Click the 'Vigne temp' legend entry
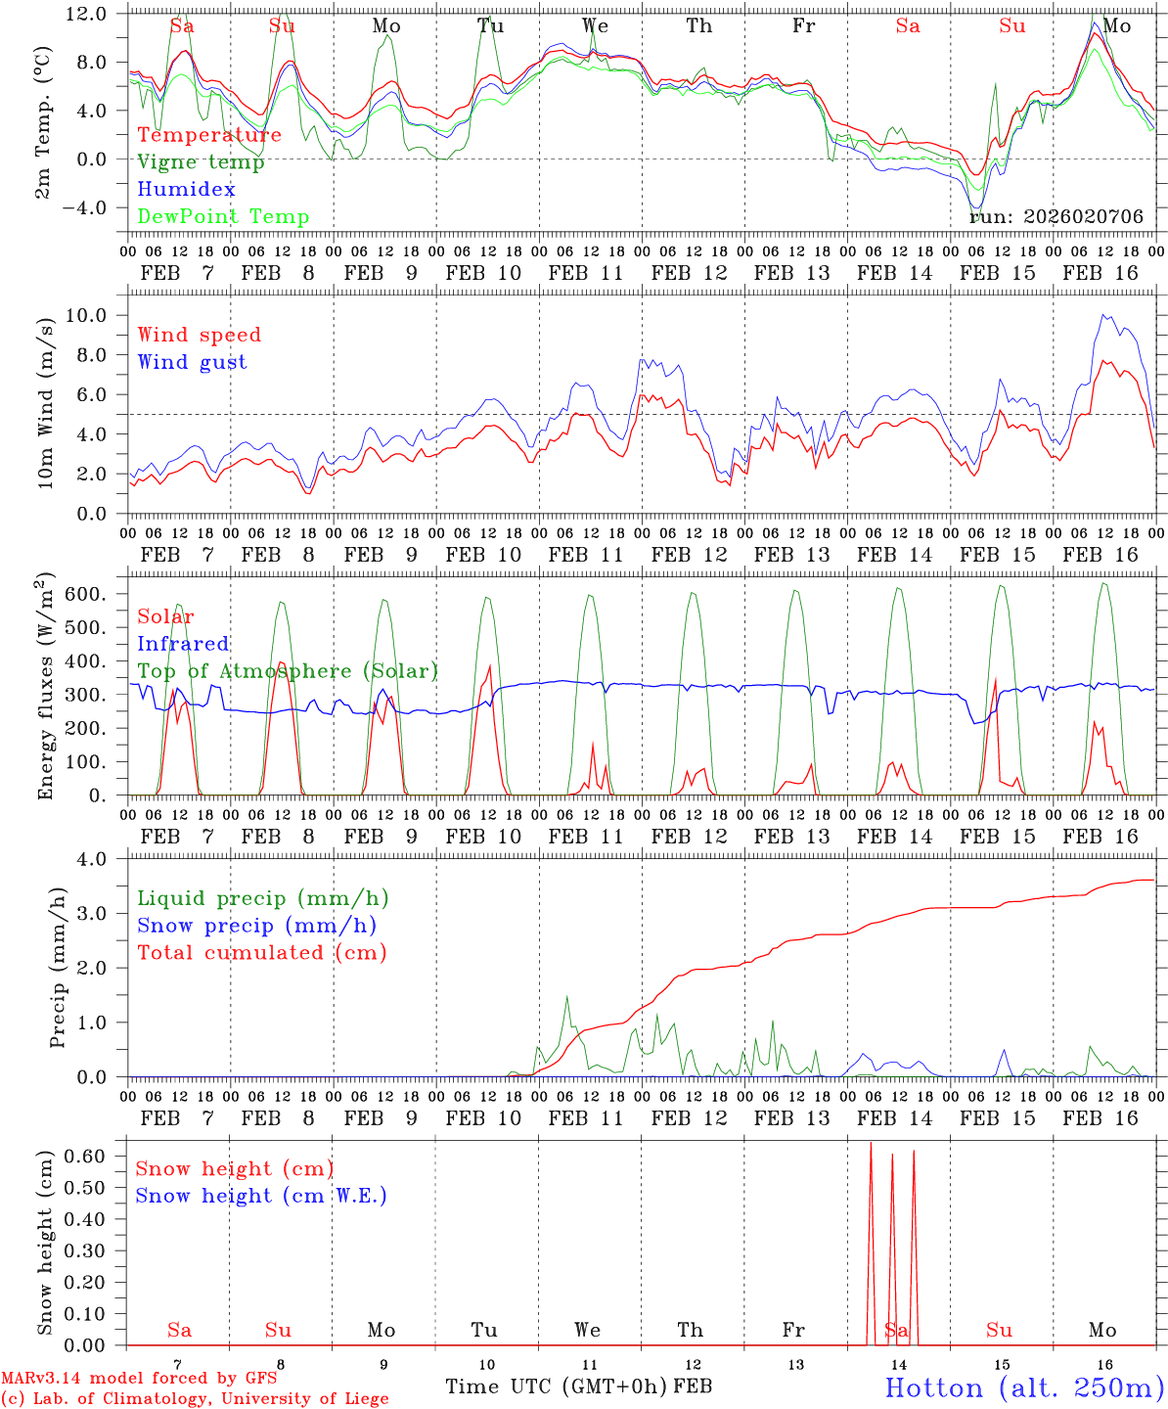tap(201, 162)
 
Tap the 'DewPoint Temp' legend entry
tap(223, 217)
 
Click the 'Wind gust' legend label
tap(192, 362)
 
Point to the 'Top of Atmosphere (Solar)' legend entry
tap(287, 671)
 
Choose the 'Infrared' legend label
tap(183, 644)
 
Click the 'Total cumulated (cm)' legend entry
tap(261, 952)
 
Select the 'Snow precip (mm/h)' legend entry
tap(256, 926)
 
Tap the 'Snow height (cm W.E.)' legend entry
tap(260, 1196)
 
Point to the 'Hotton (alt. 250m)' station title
tap(1023, 1387)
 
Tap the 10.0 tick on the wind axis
tap(99, 315)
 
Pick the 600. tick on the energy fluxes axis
tap(97, 595)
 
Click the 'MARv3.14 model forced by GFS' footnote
tap(139, 1379)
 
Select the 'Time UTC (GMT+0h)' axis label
tap(556, 1386)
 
